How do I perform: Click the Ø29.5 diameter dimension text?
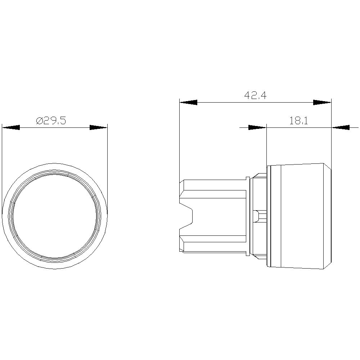tap(51, 121)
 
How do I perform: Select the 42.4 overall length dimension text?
tap(255, 95)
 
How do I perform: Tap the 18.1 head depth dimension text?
tap(298, 121)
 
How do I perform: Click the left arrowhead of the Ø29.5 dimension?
tap(11, 127)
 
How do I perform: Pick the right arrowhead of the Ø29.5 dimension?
tap(99, 127)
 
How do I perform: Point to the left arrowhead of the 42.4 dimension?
tap(188, 102)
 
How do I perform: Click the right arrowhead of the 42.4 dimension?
tap(322, 102)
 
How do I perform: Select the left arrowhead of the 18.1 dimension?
tap(257, 127)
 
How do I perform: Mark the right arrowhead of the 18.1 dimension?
tap(341, 127)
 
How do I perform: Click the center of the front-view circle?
tap(55, 216)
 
